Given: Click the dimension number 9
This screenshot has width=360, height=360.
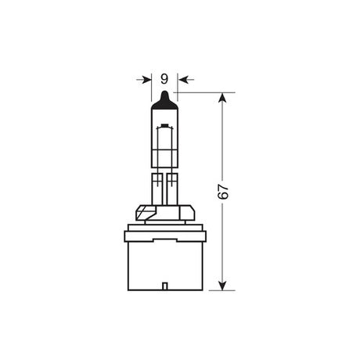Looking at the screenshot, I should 164,78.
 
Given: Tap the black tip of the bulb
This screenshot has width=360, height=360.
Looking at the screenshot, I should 164,98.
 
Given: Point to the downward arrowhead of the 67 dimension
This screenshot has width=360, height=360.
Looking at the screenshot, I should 225,283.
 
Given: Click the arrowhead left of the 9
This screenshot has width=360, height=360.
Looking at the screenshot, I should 147,78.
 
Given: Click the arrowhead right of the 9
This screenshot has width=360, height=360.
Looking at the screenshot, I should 181,78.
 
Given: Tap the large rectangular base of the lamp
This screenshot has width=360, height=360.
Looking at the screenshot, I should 164,258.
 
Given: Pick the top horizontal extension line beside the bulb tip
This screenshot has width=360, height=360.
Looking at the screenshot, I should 203,92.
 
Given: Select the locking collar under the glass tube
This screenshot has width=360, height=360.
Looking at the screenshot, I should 164,211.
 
